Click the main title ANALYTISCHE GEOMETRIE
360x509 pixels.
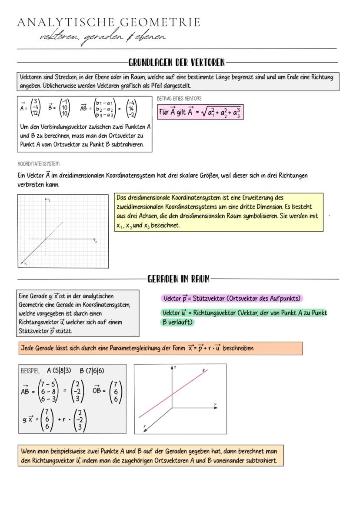click(x=109, y=23)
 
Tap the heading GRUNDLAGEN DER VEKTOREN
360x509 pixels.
click(x=177, y=63)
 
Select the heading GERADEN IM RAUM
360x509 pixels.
click(x=179, y=279)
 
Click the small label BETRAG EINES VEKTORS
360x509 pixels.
click(x=179, y=99)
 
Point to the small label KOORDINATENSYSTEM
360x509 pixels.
click(x=38, y=164)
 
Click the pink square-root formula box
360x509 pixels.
click(x=200, y=113)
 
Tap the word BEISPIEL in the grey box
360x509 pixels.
click(x=30, y=371)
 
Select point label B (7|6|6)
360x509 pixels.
click(x=92, y=371)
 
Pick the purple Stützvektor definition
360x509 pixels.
click(x=232, y=299)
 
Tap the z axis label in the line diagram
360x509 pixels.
click(x=175, y=368)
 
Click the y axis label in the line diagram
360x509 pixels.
click(x=215, y=404)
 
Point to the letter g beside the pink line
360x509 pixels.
click(x=203, y=369)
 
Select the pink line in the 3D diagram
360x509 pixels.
click(x=174, y=393)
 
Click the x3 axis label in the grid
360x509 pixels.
click(x=49, y=200)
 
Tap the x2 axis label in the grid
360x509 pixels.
click(x=95, y=241)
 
